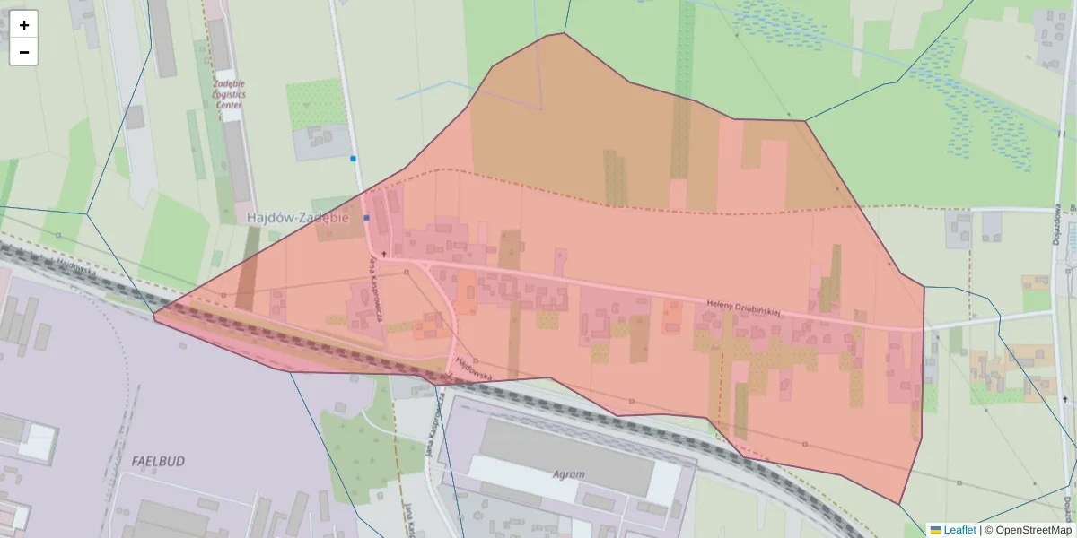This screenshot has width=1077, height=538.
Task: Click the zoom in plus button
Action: pyautogui.click(x=23, y=24)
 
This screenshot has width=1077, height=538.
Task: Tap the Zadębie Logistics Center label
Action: pyautogui.click(x=229, y=93)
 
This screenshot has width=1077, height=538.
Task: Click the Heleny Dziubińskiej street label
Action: pyautogui.click(x=745, y=308)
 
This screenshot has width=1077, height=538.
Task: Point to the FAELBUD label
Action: pyautogui.click(x=158, y=461)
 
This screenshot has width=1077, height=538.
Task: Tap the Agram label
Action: pyautogui.click(x=569, y=474)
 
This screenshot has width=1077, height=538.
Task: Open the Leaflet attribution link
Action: pyautogui.click(x=959, y=530)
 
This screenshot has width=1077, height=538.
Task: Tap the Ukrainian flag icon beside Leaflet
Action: pyautogui.click(x=935, y=530)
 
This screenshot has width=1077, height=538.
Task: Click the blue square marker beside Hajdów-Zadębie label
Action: pyautogui.click(x=366, y=218)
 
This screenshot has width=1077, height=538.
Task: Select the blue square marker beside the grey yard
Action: pyautogui.click(x=354, y=159)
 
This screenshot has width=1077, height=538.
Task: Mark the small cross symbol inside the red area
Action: pyautogui.click(x=384, y=255)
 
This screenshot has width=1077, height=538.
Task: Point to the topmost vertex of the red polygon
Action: pyautogui.click(x=564, y=33)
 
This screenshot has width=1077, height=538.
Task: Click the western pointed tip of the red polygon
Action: pyautogui.click(x=154, y=314)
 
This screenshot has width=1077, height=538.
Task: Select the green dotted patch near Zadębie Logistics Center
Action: pyautogui.click(x=316, y=103)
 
